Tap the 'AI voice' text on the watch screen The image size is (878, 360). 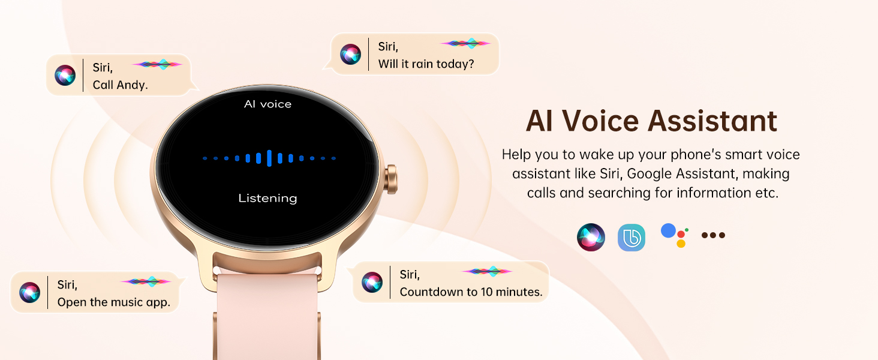[x=267, y=104]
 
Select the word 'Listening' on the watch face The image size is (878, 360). [x=267, y=198]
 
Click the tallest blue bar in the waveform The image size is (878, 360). [x=269, y=158]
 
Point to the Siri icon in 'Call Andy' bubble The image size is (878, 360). [x=65, y=75]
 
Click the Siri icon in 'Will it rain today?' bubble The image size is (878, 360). [x=350, y=54]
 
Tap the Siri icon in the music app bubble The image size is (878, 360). [x=29, y=292]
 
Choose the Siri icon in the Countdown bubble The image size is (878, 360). [x=372, y=282]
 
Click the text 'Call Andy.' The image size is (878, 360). [x=120, y=85]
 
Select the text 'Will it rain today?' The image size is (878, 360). [x=426, y=64]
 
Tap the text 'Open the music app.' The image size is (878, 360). [x=114, y=302]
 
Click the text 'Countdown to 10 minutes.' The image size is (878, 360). [x=471, y=292]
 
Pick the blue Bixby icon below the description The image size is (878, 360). [x=632, y=238]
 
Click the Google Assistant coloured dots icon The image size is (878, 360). [x=674, y=235]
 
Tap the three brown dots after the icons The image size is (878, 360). [x=713, y=235]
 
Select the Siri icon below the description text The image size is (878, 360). [x=591, y=238]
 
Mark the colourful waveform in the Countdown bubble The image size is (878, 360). [x=487, y=271]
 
